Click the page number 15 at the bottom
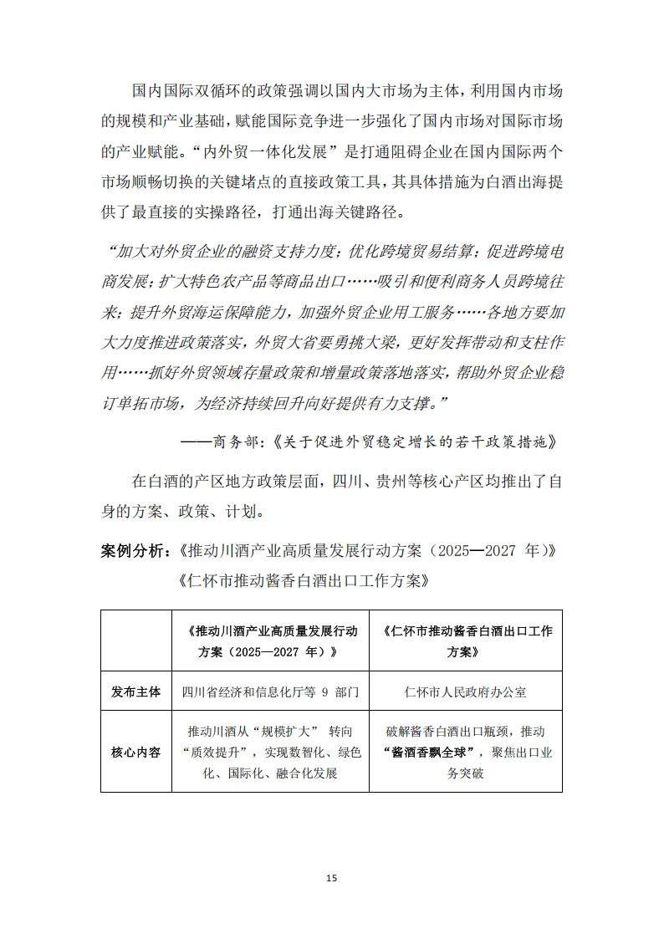click(332, 878)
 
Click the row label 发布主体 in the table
click(135, 692)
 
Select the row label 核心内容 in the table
click(135, 752)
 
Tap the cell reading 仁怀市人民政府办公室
click(465, 692)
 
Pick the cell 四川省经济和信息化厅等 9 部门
click(270, 692)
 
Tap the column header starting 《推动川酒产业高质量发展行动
click(270, 640)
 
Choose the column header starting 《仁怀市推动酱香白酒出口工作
click(465, 640)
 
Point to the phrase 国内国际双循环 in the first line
click(185, 89)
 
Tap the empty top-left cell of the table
click(135, 640)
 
